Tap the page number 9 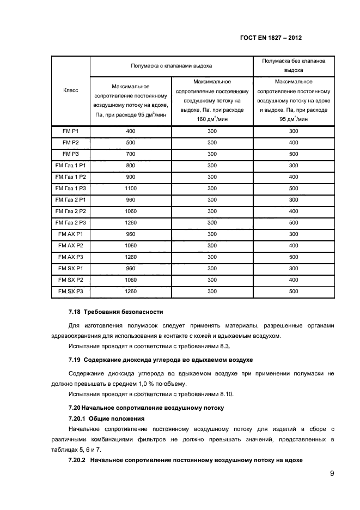332,473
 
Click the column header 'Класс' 70,90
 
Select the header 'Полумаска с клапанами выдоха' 170,65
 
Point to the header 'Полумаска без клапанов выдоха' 294,65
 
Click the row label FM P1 70,131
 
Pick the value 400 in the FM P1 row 131,131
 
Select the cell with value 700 131,154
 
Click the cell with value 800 131,165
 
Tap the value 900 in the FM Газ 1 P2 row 131,177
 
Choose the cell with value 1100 131,188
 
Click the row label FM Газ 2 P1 70,199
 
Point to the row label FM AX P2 70,245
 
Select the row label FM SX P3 70,291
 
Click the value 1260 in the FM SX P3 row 131,291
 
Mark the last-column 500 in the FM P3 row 294,154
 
